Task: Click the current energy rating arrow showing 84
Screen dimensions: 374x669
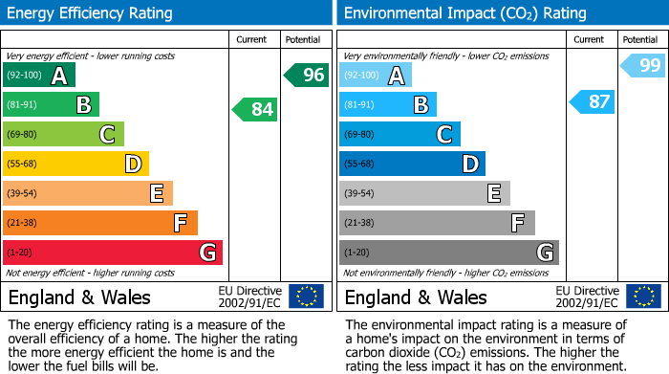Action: [x=255, y=110]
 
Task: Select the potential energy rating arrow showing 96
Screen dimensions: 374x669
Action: [x=307, y=75]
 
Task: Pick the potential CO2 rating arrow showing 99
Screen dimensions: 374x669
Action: [x=643, y=66]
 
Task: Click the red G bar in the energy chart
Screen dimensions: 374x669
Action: [x=113, y=253]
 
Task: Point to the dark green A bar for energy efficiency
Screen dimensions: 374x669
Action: [x=39, y=75]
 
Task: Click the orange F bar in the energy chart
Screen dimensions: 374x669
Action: [x=100, y=223]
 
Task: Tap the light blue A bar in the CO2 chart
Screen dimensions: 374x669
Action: [x=376, y=75]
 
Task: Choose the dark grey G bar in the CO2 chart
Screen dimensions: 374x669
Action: [x=449, y=253]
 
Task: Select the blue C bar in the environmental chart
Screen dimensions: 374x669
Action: [x=400, y=134]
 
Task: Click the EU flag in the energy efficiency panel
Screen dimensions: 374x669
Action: [x=306, y=297]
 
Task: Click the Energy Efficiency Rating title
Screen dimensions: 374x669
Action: [x=91, y=13]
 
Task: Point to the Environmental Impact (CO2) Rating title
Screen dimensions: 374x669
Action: [x=464, y=13]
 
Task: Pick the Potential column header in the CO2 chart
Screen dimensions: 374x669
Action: [x=640, y=39]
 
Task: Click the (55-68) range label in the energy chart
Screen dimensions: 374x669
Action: [x=22, y=164]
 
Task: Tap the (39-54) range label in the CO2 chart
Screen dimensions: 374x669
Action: [x=358, y=193]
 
